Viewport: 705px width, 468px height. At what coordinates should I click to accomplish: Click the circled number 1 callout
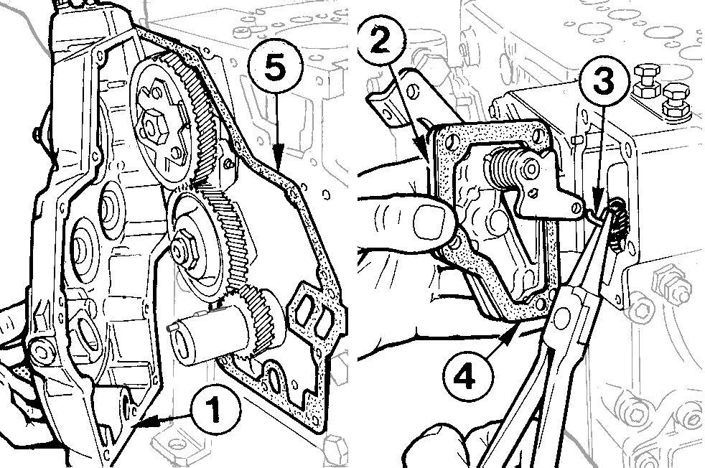coord(215,411)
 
